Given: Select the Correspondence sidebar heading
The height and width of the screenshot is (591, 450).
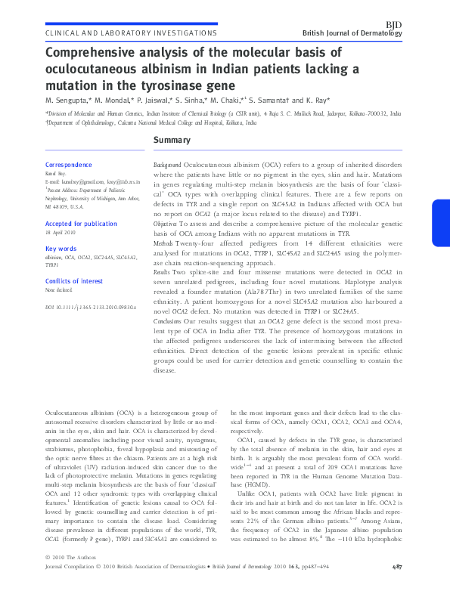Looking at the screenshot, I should pyautogui.click(x=70, y=165).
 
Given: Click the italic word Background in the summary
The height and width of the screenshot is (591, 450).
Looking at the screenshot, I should pyautogui.click(x=167, y=164).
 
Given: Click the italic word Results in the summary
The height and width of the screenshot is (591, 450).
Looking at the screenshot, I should pyautogui.click(x=163, y=270).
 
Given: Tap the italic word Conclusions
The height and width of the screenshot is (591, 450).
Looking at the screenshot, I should pyautogui.click(x=168, y=323).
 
